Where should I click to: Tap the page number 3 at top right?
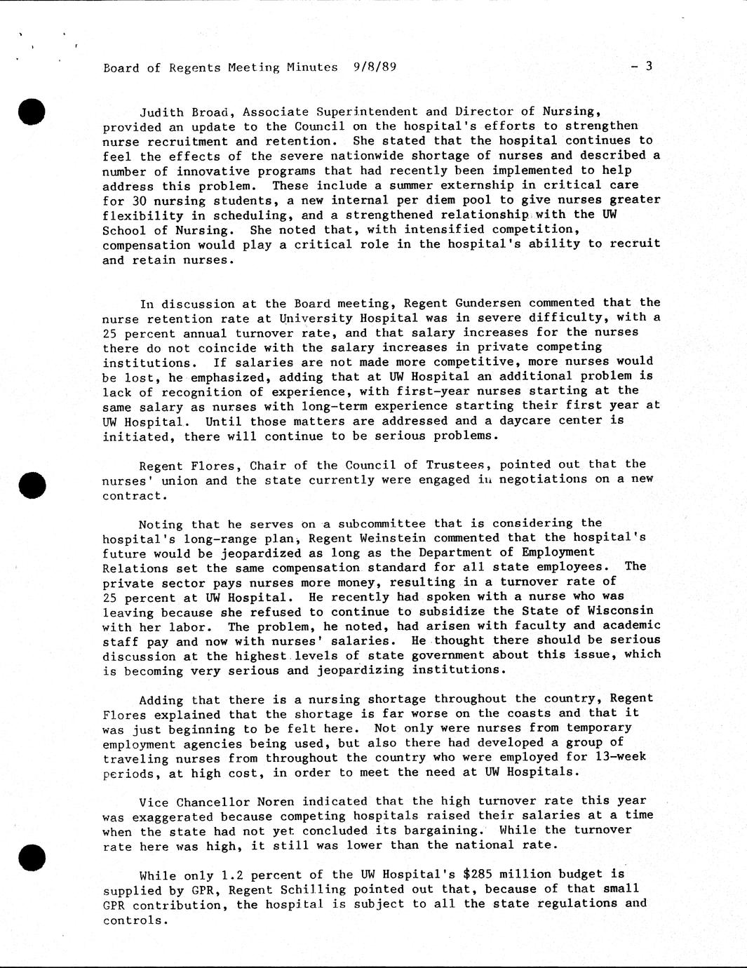click(x=649, y=66)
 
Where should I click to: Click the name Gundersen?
click(x=488, y=303)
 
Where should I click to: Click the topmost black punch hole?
click(x=32, y=112)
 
